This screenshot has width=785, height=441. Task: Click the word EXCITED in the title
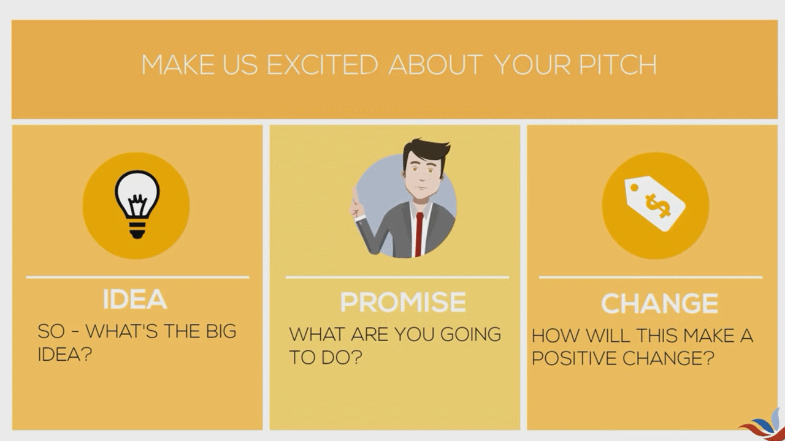point(322,65)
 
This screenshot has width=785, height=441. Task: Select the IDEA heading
point(134,300)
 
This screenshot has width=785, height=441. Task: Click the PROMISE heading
point(403,302)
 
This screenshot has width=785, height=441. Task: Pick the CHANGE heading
point(659,304)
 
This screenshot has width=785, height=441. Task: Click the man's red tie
point(419,233)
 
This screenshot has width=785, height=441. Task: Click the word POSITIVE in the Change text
point(574,358)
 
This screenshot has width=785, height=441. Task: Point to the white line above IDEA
point(137,277)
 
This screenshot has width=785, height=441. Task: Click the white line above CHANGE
point(651,277)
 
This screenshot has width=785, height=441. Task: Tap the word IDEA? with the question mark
point(65,355)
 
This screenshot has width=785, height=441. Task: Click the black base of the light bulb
point(136,230)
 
